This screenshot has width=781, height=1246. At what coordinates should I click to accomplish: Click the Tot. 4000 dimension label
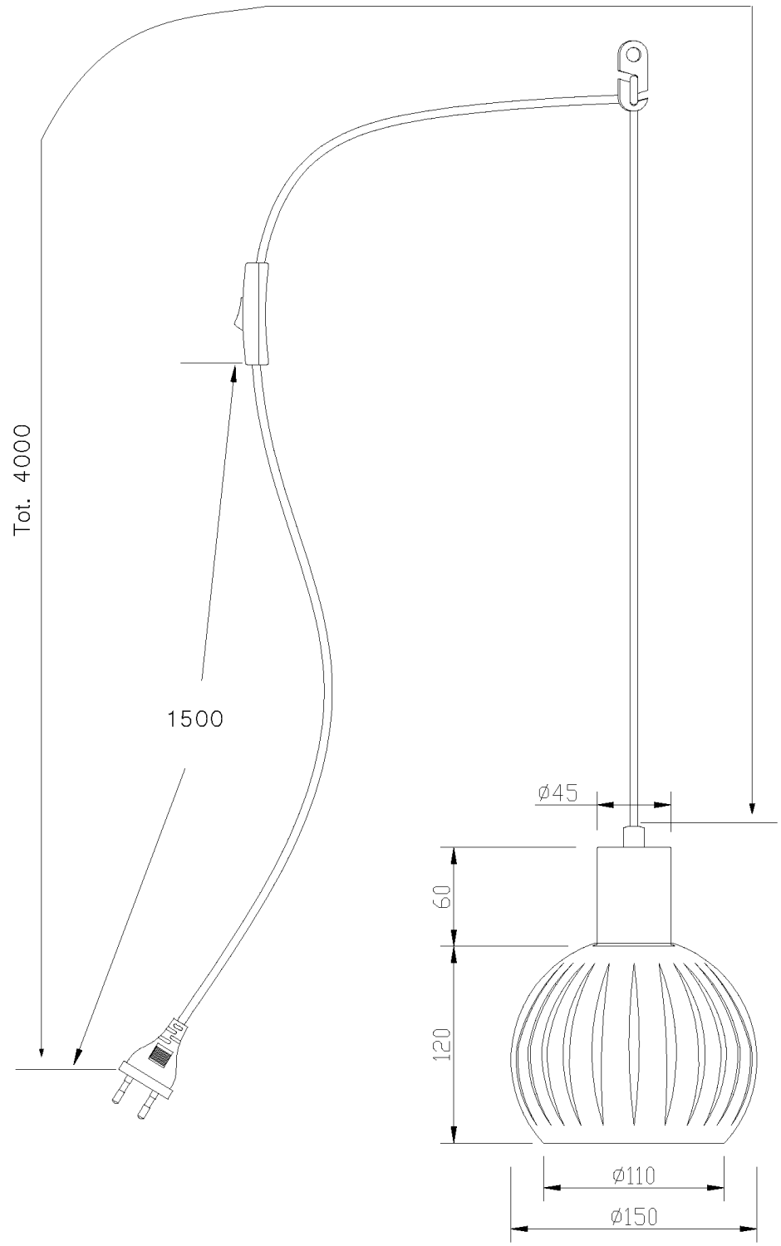pyautogui.click(x=22, y=480)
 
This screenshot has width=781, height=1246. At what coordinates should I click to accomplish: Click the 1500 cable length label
pyautogui.click(x=195, y=719)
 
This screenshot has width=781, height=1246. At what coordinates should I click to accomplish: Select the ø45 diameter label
pyautogui.click(x=558, y=792)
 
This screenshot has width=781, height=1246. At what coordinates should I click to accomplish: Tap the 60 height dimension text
pyautogui.click(x=444, y=895)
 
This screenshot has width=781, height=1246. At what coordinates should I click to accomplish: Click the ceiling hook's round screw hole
pyautogui.click(x=633, y=54)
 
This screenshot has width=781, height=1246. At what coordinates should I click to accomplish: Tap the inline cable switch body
pyautogui.click(x=256, y=313)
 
